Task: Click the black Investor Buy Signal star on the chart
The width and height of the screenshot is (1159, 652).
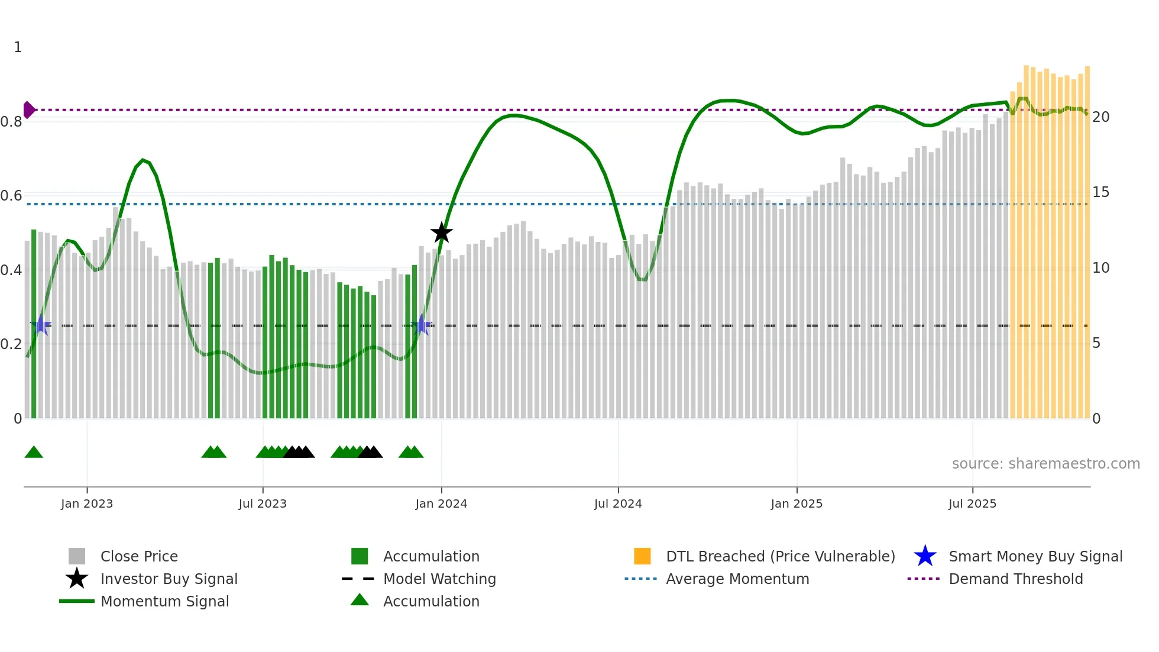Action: click(x=441, y=233)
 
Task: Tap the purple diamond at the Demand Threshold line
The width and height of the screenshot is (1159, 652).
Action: click(x=28, y=110)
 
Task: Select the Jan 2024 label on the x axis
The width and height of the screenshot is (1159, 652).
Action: click(x=441, y=503)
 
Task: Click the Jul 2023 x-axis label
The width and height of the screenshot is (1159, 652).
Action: click(x=263, y=503)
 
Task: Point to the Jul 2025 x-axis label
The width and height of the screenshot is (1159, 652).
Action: click(x=972, y=503)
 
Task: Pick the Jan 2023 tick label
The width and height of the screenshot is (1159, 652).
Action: click(x=87, y=503)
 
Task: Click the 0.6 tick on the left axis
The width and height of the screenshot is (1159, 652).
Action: click(x=11, y=196)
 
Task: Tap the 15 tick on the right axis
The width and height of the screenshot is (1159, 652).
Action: click(x=1100, y=192)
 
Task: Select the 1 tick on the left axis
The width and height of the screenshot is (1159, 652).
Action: click(x=18, y=47)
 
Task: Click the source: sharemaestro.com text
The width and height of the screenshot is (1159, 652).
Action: click(x=1045, y=464)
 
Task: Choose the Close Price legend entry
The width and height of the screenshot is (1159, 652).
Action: click(x=139, y=556)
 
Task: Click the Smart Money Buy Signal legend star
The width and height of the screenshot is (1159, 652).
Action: click(x=925, y=556)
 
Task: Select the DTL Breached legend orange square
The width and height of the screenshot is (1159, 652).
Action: click(x=642, y=556)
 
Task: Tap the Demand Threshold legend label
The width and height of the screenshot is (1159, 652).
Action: click(x=1015, y=579)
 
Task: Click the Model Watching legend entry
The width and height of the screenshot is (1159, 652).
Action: click(x=439, y=579)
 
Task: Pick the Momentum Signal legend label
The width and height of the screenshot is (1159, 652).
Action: click(x=164, y=601)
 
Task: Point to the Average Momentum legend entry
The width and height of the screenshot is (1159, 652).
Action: click(x=737, y=579)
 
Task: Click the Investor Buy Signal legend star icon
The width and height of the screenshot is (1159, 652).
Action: click(x=77, y=579)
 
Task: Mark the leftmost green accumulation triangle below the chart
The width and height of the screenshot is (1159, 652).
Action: click(x=34, y=453)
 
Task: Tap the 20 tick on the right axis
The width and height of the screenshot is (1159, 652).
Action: click(x=1100, y=117)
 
